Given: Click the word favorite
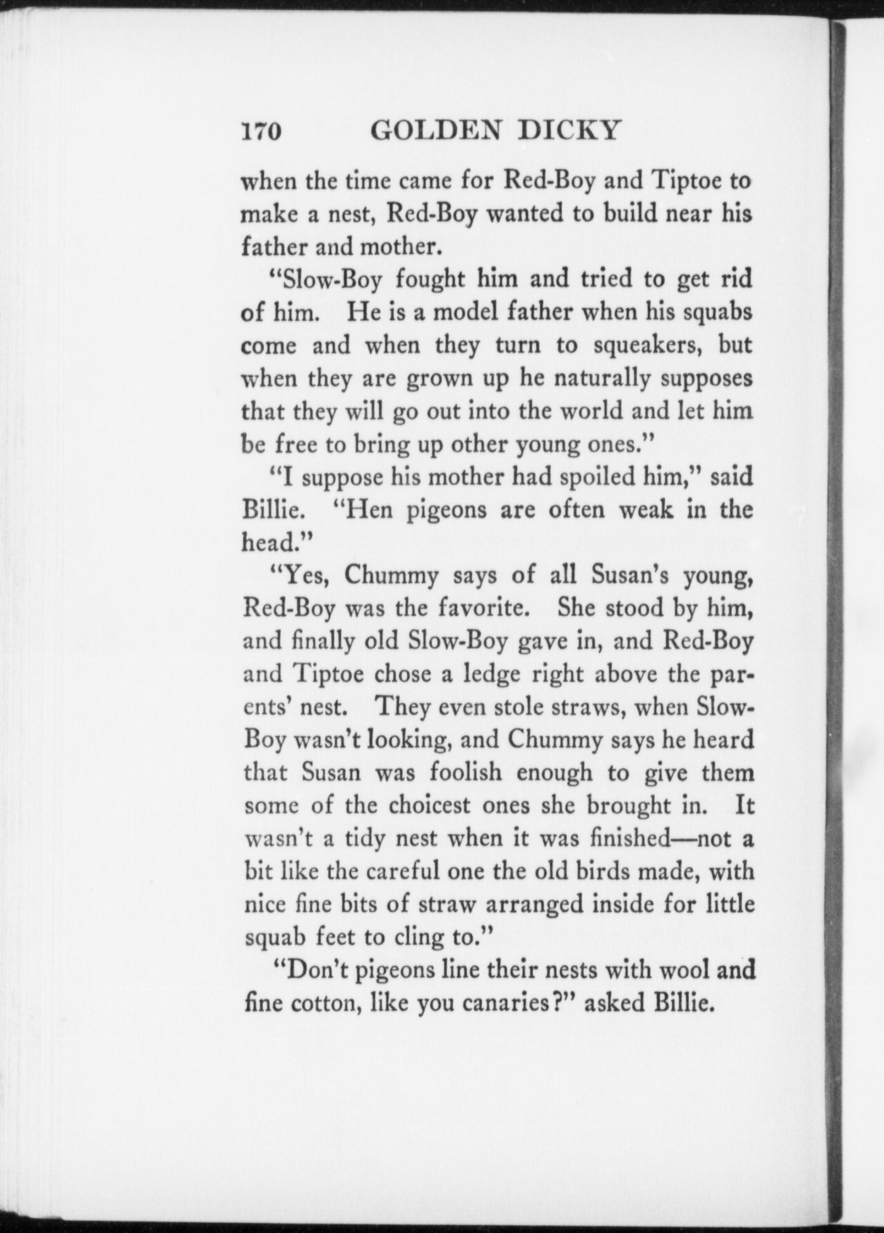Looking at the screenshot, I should [482, 608].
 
